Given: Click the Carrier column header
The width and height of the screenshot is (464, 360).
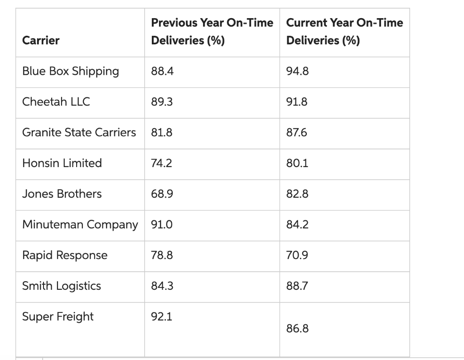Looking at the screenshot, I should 41,40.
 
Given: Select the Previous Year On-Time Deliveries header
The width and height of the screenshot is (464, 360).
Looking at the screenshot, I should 212,31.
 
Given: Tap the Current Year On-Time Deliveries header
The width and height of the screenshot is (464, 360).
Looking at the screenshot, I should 344,31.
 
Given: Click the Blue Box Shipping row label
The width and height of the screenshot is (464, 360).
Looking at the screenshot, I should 71,72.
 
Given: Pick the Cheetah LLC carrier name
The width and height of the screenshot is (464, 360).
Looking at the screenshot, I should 56,102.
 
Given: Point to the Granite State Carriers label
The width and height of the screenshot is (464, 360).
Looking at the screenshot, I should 79,132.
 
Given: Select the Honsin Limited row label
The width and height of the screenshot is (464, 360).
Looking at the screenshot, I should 62,163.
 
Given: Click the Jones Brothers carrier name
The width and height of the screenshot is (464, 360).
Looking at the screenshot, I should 62,194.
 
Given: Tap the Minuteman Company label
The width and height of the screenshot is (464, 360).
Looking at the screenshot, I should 80,225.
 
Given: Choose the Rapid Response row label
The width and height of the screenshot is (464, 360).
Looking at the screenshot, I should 65,255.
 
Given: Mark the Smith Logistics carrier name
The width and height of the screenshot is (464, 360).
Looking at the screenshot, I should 62,286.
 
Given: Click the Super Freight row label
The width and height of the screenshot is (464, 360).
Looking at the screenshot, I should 58,317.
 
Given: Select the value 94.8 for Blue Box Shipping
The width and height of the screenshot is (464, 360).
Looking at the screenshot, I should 298,72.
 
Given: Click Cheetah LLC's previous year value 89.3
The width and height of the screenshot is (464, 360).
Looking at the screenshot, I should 162,102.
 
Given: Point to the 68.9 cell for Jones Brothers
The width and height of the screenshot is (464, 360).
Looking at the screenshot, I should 162,194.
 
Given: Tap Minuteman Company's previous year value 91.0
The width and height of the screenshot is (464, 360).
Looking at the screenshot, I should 161,225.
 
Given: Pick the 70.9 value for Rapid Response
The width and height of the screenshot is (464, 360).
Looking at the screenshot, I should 298,255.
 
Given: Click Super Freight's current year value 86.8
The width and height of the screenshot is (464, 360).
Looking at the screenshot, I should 298,328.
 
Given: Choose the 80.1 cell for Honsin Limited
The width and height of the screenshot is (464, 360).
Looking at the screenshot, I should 297,163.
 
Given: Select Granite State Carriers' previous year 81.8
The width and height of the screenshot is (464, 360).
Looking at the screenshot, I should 161,132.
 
